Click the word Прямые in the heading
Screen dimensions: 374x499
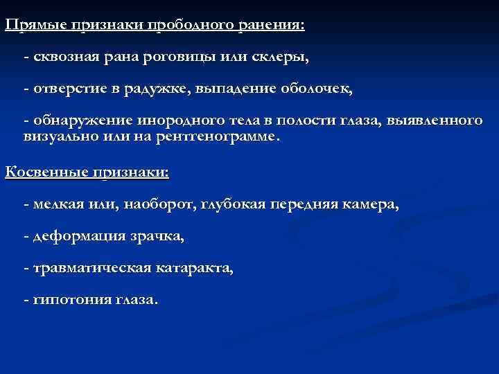click(x=34, y=25)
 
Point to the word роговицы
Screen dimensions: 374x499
click(x=182, y=58)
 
